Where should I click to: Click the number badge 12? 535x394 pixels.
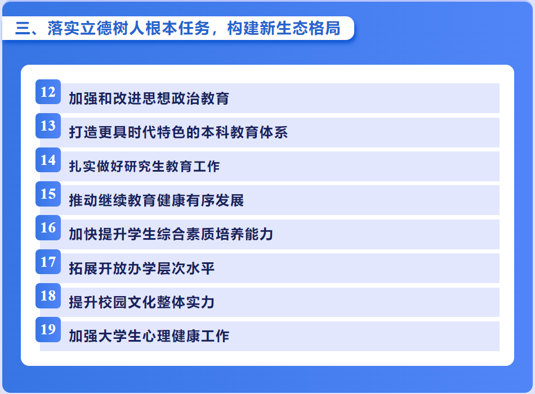click(48, 92)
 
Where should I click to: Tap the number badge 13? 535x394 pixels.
click(48, 126)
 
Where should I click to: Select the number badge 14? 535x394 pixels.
click(48, 160)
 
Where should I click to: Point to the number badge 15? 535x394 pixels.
click(48, 194)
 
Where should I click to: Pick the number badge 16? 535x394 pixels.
click(48, 227)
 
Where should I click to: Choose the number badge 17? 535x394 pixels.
click(48, 262)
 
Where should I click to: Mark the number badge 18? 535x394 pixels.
click(48, 295)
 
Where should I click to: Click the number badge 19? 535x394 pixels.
click(48, 329)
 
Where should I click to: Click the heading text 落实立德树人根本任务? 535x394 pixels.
click(128, 28)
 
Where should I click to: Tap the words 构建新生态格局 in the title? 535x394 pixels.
click(283, 28)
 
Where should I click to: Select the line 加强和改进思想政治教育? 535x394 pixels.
click(149, 98)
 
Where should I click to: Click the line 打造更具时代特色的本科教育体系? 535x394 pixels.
click(178, 132)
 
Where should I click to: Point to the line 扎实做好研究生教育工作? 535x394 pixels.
click(144, 166)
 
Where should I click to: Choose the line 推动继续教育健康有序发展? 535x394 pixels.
click(156, 200)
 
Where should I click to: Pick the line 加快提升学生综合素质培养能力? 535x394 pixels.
click(171, 234)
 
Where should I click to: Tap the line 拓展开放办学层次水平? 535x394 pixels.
click(141, 268)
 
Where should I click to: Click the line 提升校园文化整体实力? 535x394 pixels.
click(141, 302)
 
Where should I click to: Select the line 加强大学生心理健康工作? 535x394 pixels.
click(149, 336)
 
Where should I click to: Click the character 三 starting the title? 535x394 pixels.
click(23, 28)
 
